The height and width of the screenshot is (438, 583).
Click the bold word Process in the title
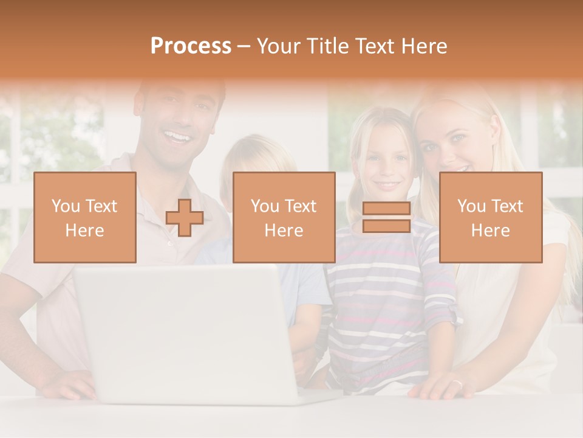tap(191, 46)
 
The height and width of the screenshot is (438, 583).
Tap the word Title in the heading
tap(328, 46)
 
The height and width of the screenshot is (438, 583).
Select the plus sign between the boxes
tap(185, 218)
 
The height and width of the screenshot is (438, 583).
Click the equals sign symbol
tap(386, 217)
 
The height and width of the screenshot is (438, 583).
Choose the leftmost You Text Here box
tap(85, 217)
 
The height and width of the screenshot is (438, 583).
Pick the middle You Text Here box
tap(284, 217)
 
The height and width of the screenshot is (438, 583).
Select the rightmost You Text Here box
tap(491, 217)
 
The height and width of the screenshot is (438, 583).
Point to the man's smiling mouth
tap(177, 136)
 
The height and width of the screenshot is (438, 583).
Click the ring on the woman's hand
tap(457, 384)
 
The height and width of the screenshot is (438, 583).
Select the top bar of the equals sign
tap(386, 209)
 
